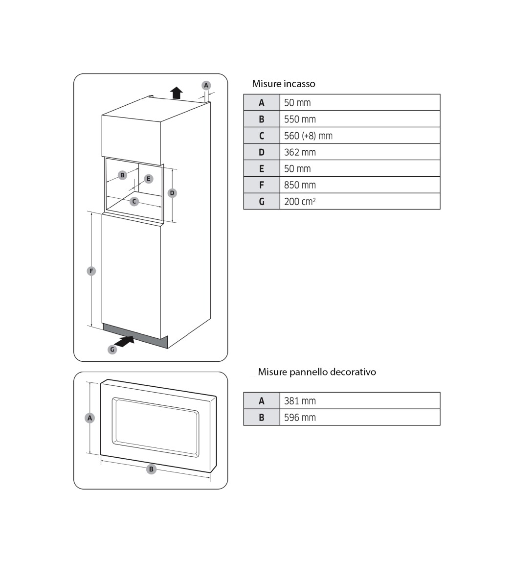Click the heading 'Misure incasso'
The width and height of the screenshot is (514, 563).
pyautogui.click(x=284, y=84)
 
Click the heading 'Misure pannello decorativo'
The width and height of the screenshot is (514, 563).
pyautogui.click(x=317, y=372)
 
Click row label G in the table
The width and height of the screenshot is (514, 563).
pyautogui.click(x=262, y=201)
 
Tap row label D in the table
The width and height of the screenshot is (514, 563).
pyautogui.click(x=262, y=152)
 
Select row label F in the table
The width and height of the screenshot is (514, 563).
pyautogui.click(x=262, y=185)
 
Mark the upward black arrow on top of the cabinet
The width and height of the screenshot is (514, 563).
pyautogui.click(x=177, y=93)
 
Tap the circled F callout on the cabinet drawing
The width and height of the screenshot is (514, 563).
pyautogui.click(x=91, y=271)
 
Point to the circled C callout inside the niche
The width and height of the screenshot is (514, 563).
pyautogui.click(x=134, y=201)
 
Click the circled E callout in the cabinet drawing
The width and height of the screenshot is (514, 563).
pyautogui.click(x=149, y=179)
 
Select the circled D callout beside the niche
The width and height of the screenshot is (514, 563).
pyautogui.click(x=172, y=193)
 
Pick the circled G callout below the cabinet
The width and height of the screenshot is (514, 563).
pyautogui.click(x=112, y=350)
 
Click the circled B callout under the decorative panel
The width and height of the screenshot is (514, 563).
pyautogui.click(x=152, y=469)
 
